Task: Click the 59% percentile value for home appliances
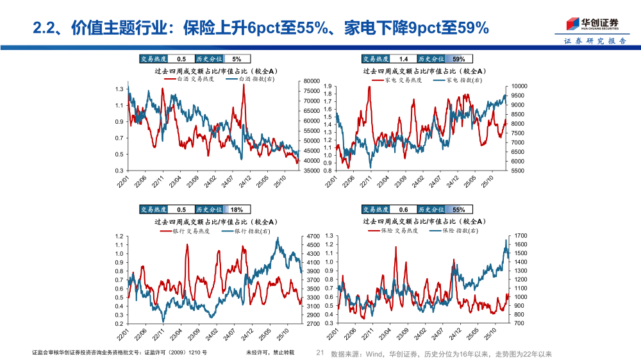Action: [x=459, y=58]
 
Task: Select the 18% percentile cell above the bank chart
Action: [x=237, y=209]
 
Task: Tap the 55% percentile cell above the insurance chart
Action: [x=459, y=209]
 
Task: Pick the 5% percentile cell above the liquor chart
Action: [x=237, y=58]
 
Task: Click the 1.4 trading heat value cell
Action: [x=403, y=58]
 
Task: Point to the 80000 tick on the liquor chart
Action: [x=311, y=81]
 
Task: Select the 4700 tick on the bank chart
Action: [x=313, y=236]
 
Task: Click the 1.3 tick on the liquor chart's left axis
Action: [x=119, y=89]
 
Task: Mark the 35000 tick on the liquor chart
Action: [x=311, y=171]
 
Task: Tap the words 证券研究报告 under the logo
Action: [x=595, y=41]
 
